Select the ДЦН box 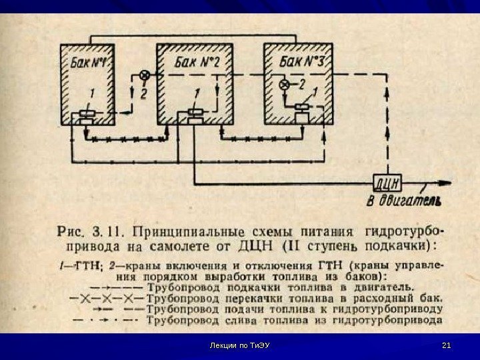pos(385,182)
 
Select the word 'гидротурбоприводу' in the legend pos(391,309)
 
